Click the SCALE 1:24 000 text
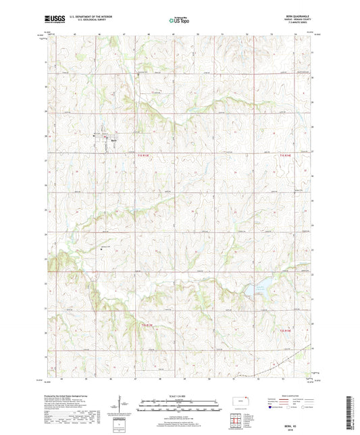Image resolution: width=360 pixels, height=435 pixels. point(180,396)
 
